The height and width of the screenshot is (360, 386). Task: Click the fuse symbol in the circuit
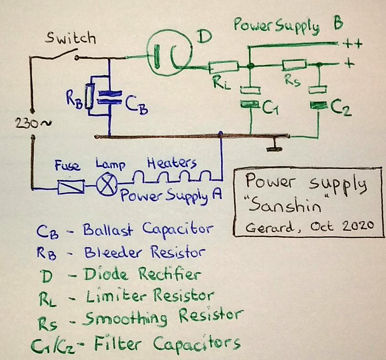[x=71, y=187]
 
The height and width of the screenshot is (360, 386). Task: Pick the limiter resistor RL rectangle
[x=224, y=68]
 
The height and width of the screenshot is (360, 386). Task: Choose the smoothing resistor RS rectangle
[x=294, y=64]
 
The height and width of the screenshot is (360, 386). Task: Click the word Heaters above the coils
[x=172, y=163]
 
